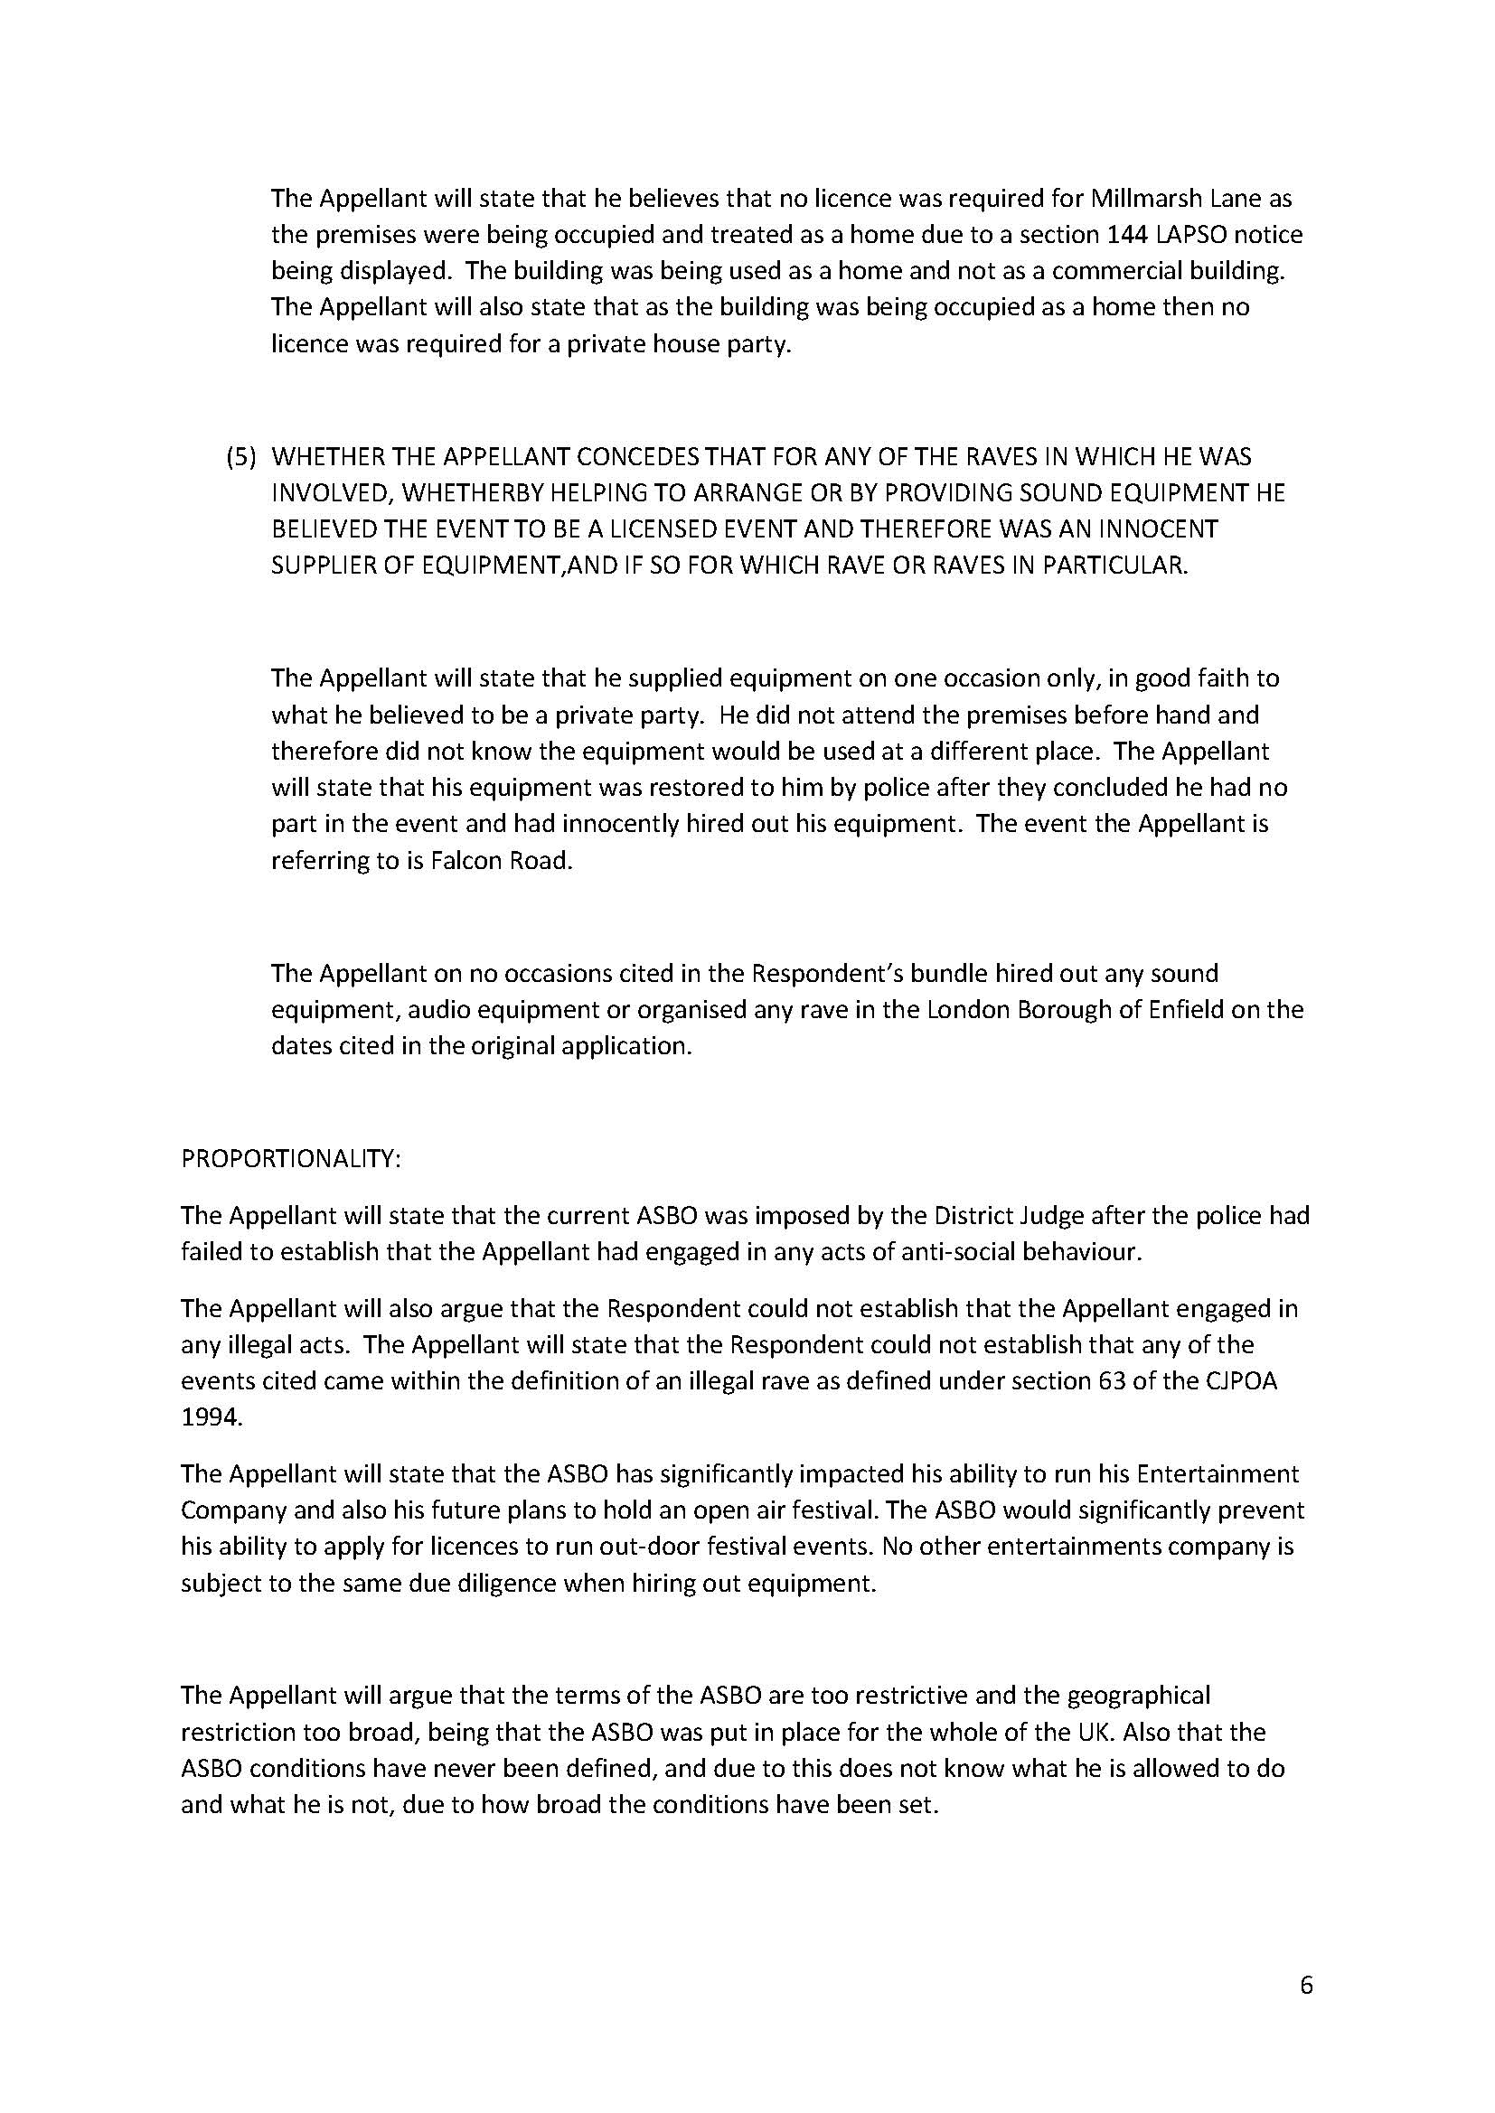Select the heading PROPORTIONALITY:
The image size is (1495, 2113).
291,1159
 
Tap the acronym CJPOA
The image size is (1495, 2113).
1237,1381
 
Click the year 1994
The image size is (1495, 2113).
212,1418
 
